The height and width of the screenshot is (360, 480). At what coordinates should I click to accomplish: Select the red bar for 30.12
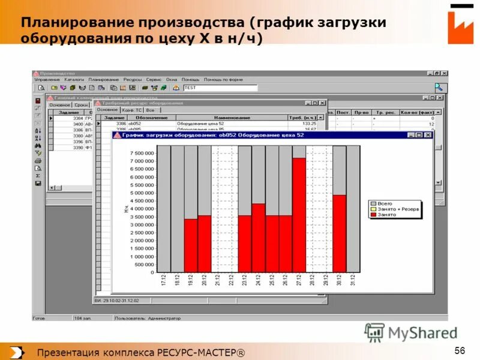click(340, 233)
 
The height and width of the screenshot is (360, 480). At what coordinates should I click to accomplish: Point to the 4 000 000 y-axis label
click(142, 209)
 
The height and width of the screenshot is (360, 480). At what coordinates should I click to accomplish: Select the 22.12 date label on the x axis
click(232, 281)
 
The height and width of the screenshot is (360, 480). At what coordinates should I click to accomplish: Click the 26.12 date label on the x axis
click(286, 281)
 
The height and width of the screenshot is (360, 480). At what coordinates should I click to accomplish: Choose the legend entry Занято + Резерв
click(398, 209)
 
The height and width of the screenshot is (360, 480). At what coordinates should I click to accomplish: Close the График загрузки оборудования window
click(428, 136)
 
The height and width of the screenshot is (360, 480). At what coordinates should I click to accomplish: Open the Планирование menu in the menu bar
click(104, 79)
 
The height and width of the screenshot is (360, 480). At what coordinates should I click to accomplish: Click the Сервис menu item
click(154, 79)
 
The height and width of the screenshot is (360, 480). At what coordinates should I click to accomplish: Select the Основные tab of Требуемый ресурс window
click(107, 110)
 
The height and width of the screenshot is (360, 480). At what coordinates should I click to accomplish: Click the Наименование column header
click(232, 118)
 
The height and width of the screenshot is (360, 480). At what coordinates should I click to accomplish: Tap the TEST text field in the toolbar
click(220, 88)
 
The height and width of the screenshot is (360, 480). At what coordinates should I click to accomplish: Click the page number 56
click(460, 351)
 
